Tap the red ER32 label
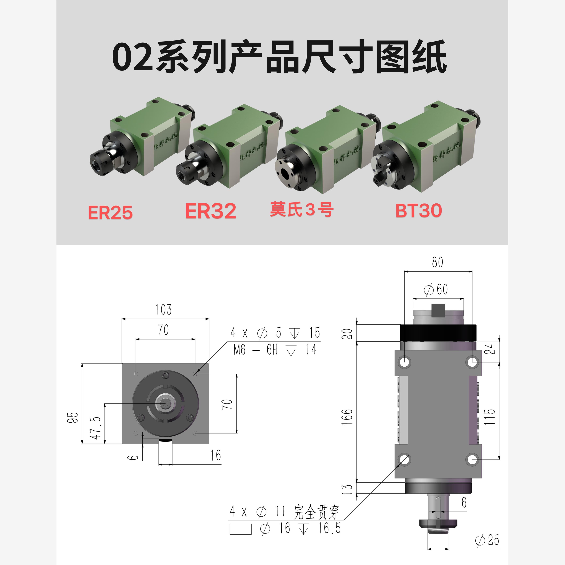(211, 211)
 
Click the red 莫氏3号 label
(302, 209)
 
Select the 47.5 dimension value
(95, 428)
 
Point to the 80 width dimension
(437, 262)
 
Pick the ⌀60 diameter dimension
(436, 290)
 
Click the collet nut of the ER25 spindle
(99, 166)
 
